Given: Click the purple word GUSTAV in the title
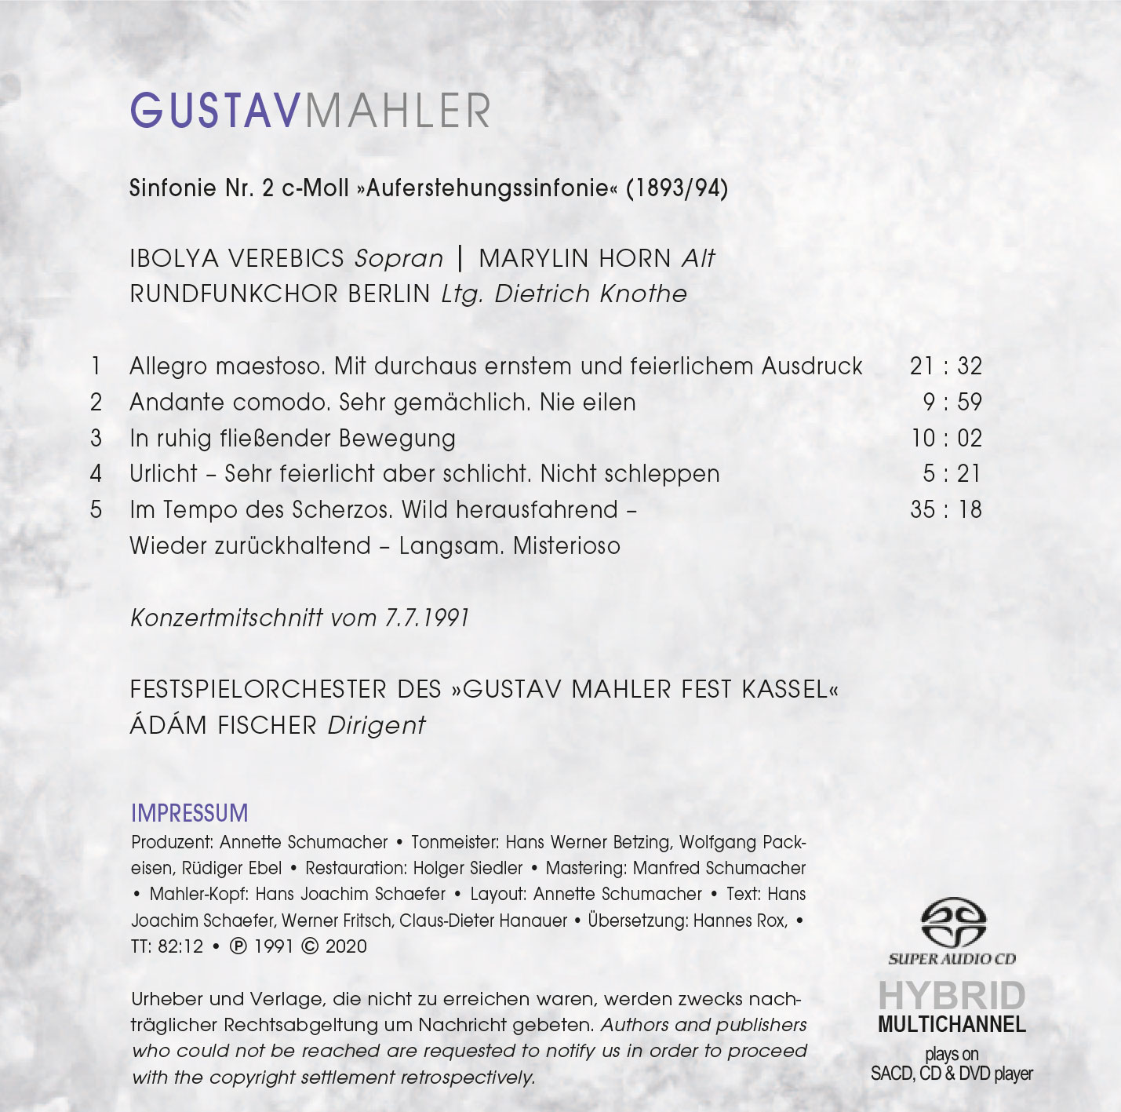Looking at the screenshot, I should [215, 111].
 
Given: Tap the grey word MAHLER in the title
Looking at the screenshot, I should [397, 111].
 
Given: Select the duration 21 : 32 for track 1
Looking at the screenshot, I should [945, 366].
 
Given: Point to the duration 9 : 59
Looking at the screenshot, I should [952, 403].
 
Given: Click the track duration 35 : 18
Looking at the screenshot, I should [945, 510].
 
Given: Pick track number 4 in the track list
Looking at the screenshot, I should [96, 474].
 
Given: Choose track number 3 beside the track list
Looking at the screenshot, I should [96, 438].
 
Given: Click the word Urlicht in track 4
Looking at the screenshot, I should [163, 474].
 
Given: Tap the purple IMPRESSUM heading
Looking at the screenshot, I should [189, 813].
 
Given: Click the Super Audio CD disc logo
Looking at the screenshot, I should [952, 924].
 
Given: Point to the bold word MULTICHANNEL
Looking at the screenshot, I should [952, 1025].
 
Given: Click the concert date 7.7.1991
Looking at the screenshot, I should [426, 618].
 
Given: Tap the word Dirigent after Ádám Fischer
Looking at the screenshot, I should [377, 726].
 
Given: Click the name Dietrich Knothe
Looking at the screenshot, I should [590, 294].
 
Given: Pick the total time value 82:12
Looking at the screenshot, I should [180, 946].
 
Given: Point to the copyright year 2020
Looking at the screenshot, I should [346, 946].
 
